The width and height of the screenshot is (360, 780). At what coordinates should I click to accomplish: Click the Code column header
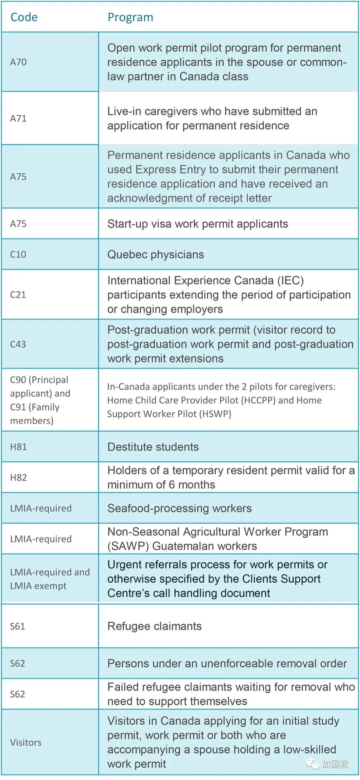pos(24,17)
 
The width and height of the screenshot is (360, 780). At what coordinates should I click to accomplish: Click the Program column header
pos(130,17)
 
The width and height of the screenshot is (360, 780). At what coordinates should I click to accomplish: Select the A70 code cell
pos(18,62)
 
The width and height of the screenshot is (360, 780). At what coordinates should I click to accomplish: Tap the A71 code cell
pos(18,118)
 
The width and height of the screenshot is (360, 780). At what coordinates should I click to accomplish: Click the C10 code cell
pos(18,254)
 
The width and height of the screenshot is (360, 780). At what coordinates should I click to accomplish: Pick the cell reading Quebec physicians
pos(156,254)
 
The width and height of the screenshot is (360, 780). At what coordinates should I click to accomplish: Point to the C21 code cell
pos(18,294)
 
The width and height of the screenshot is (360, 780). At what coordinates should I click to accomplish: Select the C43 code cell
pos(18,344)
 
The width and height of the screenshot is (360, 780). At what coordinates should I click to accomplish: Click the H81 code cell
pos(18,447)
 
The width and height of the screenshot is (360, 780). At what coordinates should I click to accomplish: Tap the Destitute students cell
pos(153,447)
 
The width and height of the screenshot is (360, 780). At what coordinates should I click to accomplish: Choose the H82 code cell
pos(18,478)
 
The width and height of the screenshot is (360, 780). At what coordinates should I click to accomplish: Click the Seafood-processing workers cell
pos(179,508)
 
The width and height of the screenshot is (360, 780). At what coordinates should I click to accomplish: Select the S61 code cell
pos(18,626)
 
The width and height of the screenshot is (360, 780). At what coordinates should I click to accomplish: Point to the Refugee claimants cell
pos(154,626)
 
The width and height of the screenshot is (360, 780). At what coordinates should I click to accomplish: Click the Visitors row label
pos(26,742)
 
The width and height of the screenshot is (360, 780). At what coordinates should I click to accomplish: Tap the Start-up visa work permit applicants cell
pos(198,224)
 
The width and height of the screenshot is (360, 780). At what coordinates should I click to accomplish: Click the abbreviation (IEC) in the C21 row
pos(291,280)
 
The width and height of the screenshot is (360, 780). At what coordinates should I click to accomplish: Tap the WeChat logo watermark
pos(313,764)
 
